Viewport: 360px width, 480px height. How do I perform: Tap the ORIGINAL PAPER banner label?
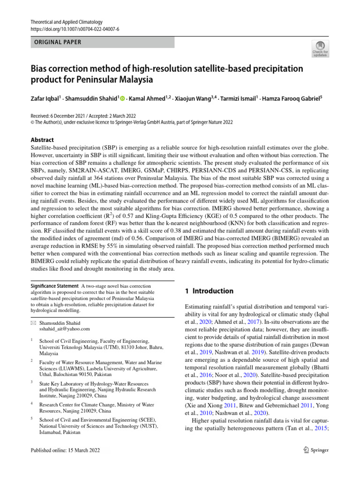56,42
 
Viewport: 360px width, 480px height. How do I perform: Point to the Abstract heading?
42,140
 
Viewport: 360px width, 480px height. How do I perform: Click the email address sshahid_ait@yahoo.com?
64,329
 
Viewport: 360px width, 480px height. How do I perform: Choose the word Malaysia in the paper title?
134,80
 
